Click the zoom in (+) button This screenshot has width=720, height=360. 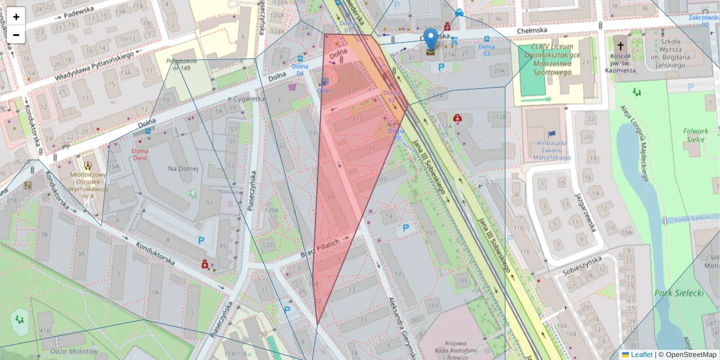(16, 16)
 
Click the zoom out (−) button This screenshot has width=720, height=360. (16, 35)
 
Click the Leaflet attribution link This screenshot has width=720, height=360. (641, 355)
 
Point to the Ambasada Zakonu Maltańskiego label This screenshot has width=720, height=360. (551, 150)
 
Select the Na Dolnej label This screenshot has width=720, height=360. (183, 169)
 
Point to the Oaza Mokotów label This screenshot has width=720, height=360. (75, 351)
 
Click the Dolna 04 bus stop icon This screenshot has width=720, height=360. (300, 59)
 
